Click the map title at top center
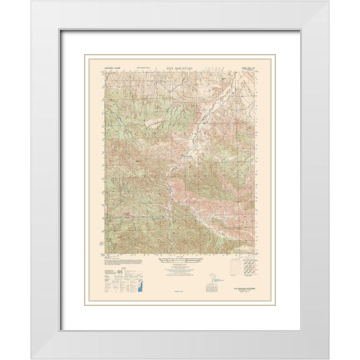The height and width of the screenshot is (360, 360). pos(179,67)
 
